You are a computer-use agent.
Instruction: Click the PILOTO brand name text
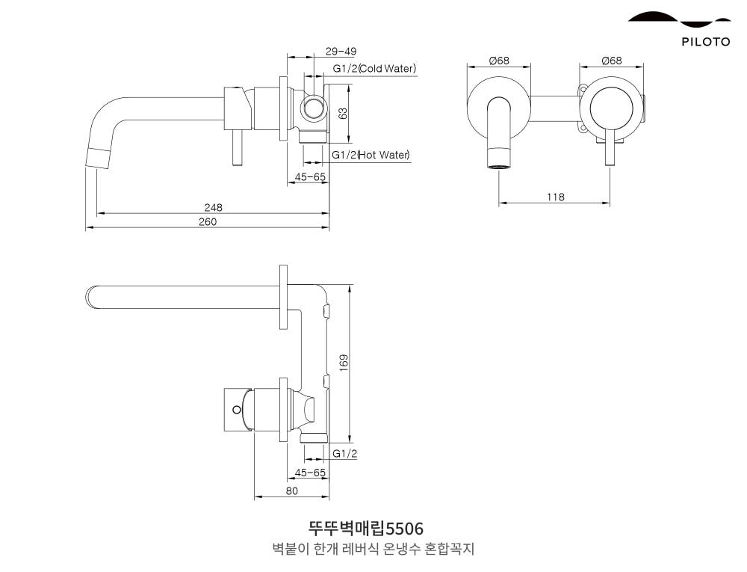click(705, 42)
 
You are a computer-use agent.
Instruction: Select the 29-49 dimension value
click(341, 52)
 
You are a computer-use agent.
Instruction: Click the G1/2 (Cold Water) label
click(374, 69)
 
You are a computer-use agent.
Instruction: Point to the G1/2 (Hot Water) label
click(371, 155)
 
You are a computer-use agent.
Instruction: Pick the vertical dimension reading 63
click(343, 113)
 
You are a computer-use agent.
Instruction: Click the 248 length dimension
click(214, 207)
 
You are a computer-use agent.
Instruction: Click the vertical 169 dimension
click(344, 363)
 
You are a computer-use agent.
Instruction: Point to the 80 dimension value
click(291, 490)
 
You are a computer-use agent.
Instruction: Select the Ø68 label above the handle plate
click(611, 61)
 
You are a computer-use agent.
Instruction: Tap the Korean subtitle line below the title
click(373, 550)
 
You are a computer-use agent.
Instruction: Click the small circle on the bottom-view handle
click(237, 410)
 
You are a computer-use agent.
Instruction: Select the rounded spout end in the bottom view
click(92, 297)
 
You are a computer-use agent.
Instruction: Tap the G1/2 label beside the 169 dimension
click(344, 454)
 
